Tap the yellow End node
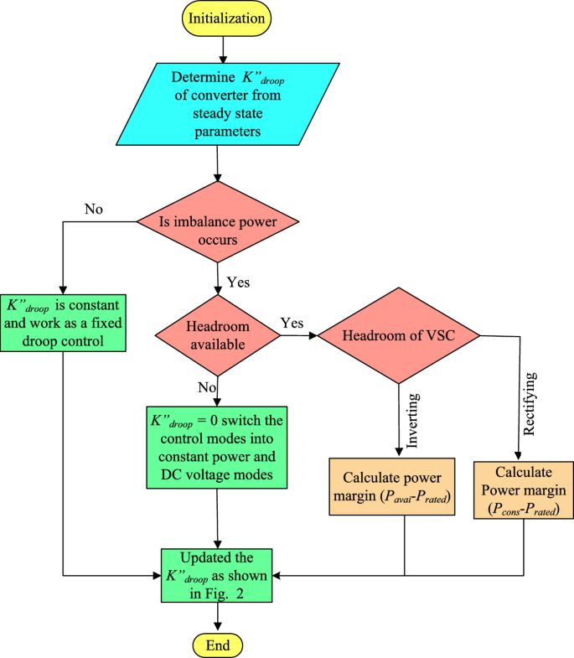(x=218, y=645)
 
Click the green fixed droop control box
(x=65, y=323)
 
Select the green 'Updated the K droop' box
(x=218, y=575)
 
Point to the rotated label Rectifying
(x=530, y=407)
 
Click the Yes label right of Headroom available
(x=292, y=323)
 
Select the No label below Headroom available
(x=206, y=387)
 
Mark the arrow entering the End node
(x=218, y=619)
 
